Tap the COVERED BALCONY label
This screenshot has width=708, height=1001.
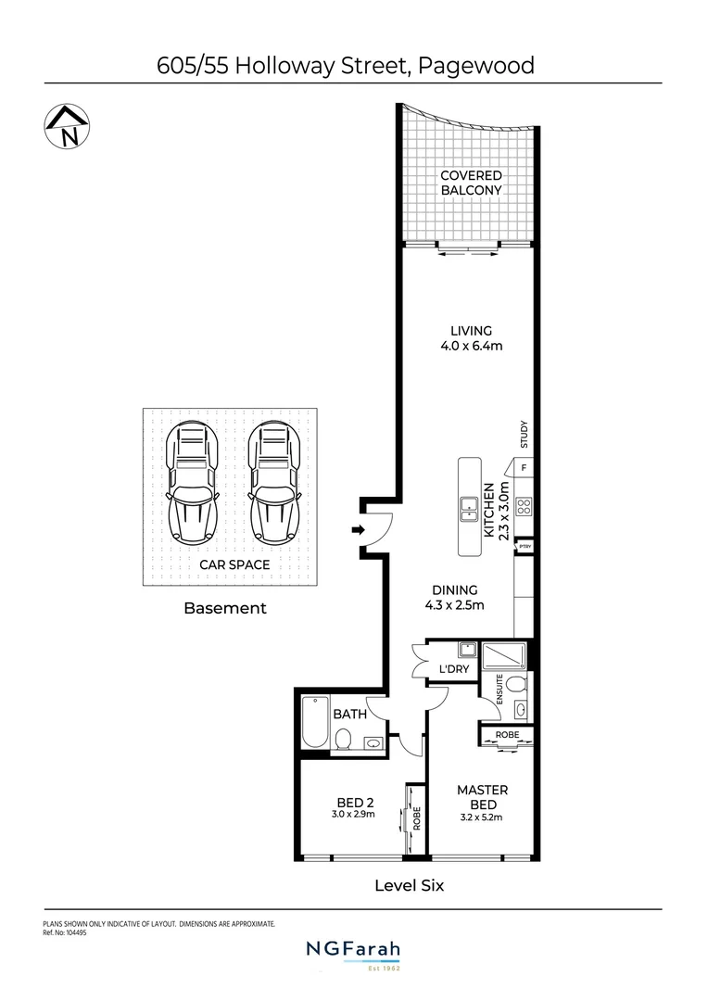click(x=471, y=183)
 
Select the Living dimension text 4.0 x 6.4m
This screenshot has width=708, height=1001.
click(x=471, y=347)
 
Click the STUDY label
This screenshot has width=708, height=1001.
click(x=525, y=434)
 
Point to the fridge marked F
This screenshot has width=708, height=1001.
click(x=524, y=468)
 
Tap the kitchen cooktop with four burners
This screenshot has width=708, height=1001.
click(x=524, y=506)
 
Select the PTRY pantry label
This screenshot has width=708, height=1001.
click(x=524, y=547)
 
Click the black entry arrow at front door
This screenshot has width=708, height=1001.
click(x=358, y=530)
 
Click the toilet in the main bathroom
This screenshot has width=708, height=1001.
click(x=342, y=739)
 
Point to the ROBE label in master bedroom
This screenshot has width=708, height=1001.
click(x=507, y=734)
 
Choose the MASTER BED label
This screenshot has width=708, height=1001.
click(x=482, y=798)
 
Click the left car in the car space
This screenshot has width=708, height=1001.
click(x=192, y=484)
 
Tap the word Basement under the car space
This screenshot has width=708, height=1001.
click(x=225, y=609)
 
